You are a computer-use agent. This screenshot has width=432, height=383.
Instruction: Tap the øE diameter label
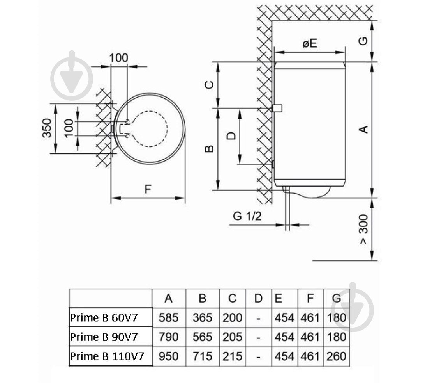tap(310, 44)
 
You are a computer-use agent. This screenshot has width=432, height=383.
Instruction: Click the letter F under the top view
tap(148, 190)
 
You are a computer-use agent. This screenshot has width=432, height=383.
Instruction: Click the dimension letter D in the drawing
tap(231, 136)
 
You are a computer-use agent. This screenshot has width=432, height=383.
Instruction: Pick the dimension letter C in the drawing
tap(209, 84)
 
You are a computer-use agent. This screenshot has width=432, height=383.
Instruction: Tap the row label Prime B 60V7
tap(104, 318)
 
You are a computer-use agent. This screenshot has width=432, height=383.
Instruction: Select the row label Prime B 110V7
tap(107, 356)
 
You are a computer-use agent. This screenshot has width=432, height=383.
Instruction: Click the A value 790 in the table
tap(168, 337)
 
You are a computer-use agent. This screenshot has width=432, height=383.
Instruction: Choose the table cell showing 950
tap(168, 356)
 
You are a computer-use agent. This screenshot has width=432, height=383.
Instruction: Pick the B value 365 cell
tap(202, 318)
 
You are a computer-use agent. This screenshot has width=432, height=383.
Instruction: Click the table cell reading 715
tap(202, 356)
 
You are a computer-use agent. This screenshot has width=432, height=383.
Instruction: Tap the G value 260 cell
tap(337, 356)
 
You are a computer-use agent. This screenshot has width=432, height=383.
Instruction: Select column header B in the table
tap(202, 299)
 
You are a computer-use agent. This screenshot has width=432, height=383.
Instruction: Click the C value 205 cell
tap(232, 337)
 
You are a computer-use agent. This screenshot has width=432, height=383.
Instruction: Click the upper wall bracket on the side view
tap(277, 108)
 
